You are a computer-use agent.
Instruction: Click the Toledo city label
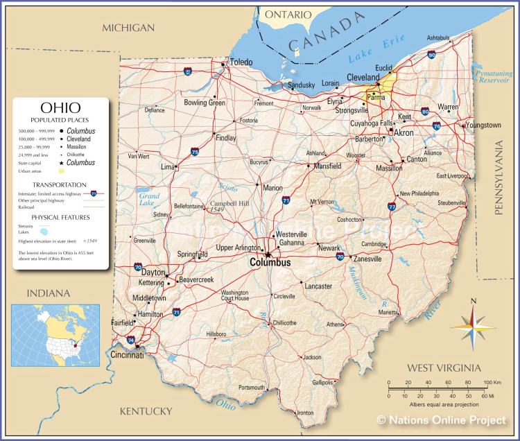241,62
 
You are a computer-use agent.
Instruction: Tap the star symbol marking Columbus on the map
268,254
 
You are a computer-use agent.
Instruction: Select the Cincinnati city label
127,355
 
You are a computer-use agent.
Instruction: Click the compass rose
473,326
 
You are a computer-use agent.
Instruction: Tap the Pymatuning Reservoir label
493,76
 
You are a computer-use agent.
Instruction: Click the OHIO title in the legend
60,108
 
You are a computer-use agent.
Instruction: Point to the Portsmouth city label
252,387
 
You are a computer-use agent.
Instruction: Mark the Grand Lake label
148,200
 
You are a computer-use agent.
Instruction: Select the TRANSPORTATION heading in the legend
60,185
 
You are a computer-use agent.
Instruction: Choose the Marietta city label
389,313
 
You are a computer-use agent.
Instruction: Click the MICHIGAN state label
128,28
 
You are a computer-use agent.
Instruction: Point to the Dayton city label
153,273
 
